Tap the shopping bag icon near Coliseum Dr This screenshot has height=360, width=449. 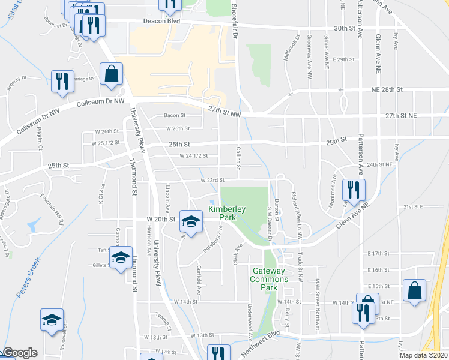pos(112,76)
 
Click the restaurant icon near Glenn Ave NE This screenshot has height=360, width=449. pos(351,191)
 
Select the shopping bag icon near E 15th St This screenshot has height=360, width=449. pos(415,291)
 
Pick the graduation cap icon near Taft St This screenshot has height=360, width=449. pos(121,258)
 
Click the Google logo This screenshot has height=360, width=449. pos(19,353)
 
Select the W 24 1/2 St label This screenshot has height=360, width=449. pos(193,155)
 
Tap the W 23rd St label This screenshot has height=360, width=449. pos(211,179)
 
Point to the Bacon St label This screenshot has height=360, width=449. pos(175,116)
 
